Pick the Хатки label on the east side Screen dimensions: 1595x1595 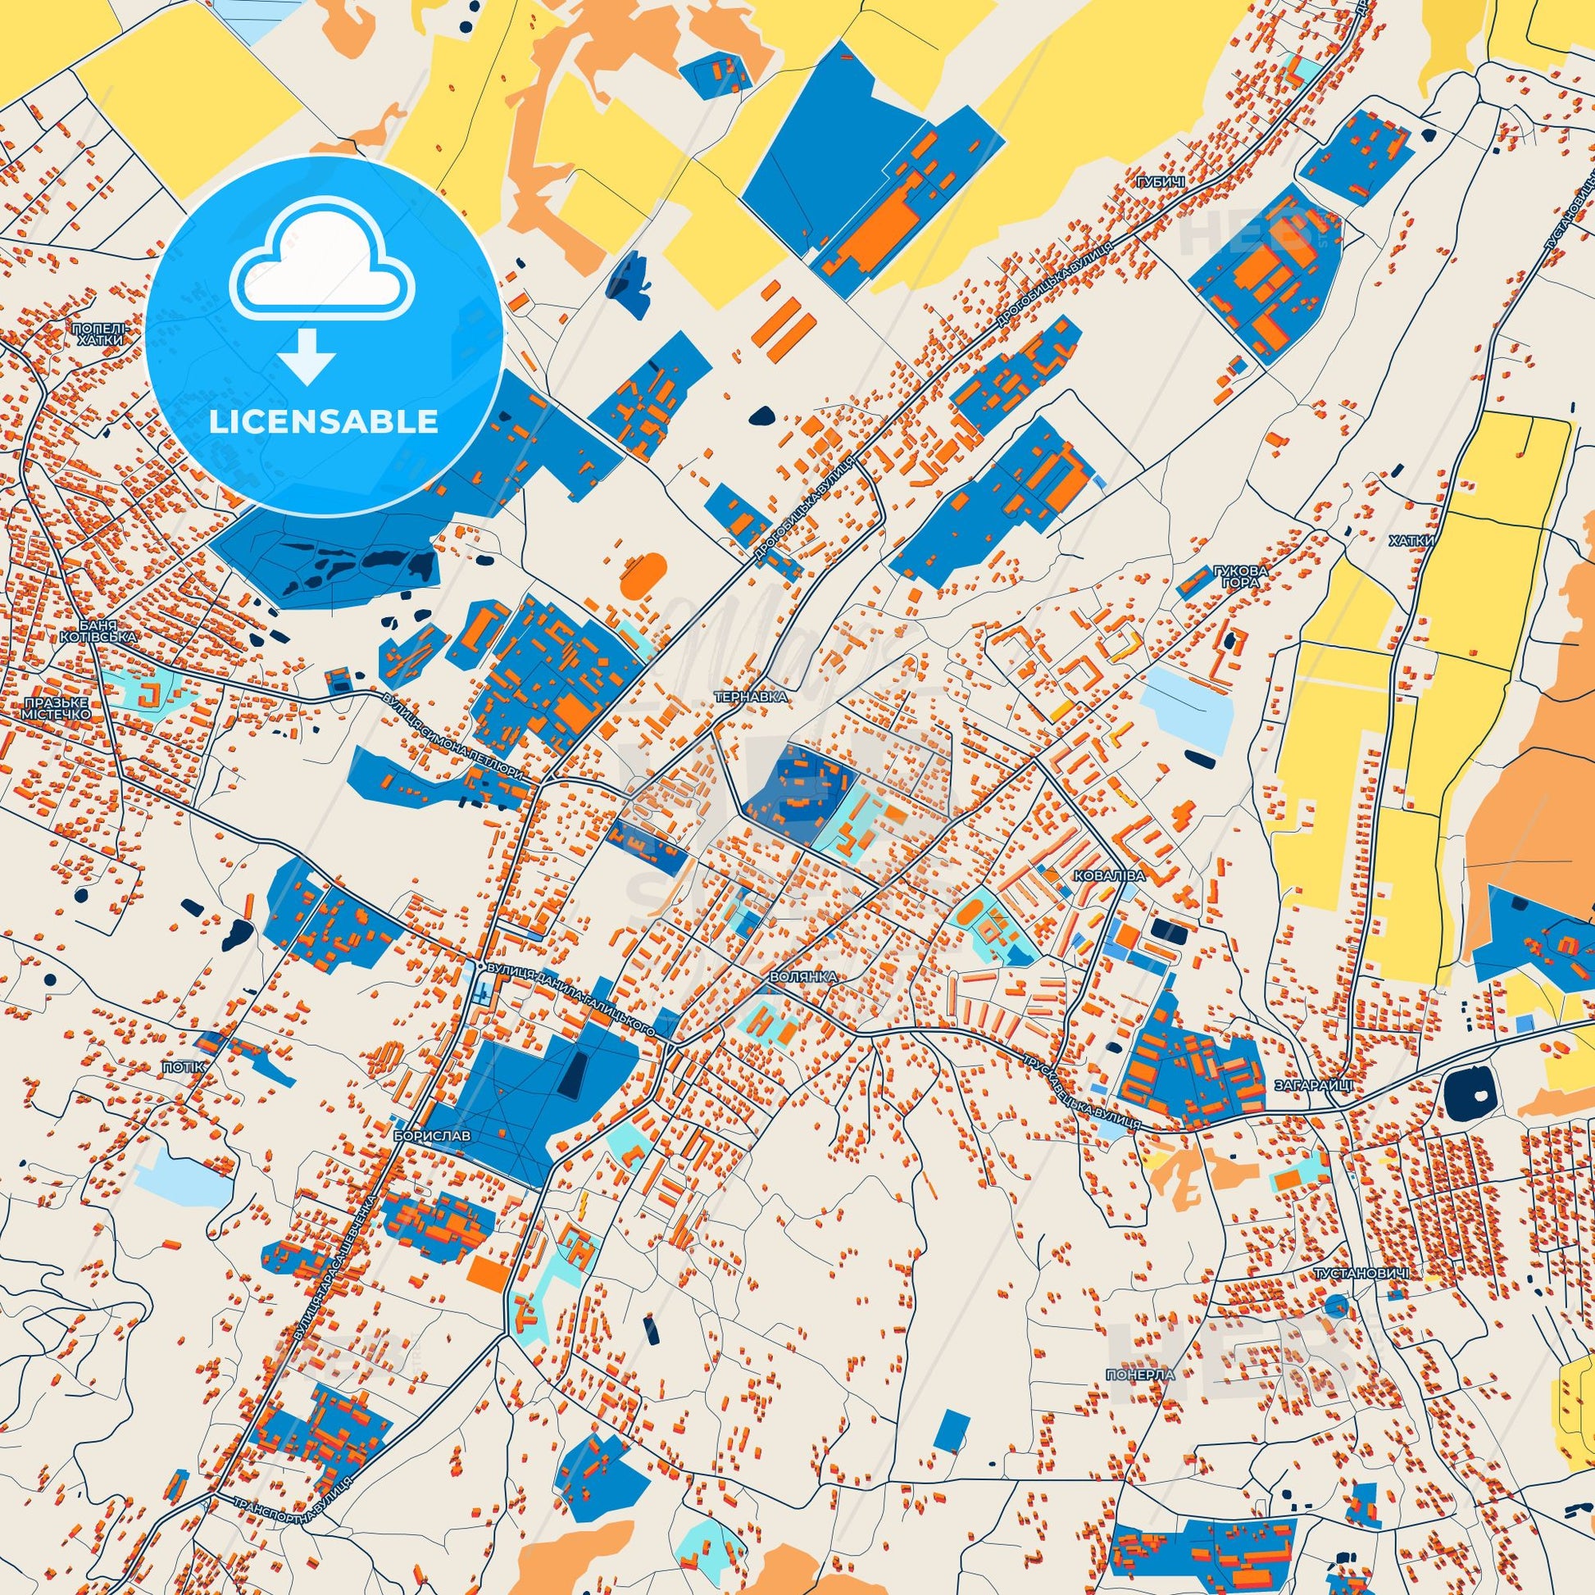pyautogui.click(x=1411, y=541)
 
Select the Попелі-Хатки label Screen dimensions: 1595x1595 pyautogui.click(x=100, y=334)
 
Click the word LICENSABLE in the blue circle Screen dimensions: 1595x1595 pyautogui.click(x=323, y=422)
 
